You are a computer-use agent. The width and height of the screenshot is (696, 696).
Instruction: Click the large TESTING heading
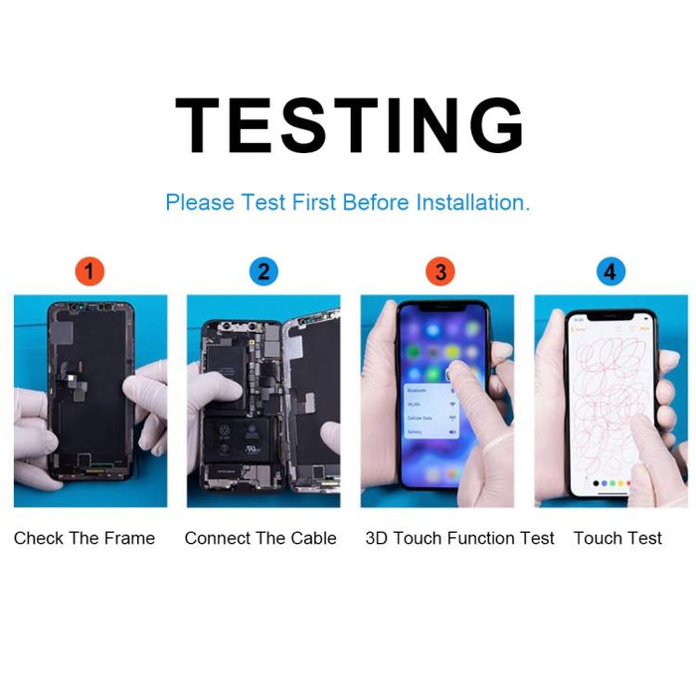tap(348, 126)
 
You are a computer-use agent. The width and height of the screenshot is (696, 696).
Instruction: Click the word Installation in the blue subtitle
tap(471, 203)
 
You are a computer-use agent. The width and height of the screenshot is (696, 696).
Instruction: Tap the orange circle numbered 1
tap(89, 270)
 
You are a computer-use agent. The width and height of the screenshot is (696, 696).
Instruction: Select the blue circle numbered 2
tap(262, 270)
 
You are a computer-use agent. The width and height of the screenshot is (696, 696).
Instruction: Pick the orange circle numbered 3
tap(436, 270)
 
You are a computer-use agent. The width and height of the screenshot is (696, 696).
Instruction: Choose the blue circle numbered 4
tap(609, 270)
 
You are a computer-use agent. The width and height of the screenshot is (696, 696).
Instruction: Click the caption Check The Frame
tap(85, 538)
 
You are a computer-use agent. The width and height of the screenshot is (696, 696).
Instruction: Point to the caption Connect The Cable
tap(261, 538)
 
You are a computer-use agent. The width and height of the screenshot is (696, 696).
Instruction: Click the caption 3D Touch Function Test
tap(459, 538)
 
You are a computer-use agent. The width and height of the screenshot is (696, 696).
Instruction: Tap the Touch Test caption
tap(617, 538)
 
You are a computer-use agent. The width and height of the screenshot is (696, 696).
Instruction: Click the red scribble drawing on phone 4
tap(609, 398)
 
